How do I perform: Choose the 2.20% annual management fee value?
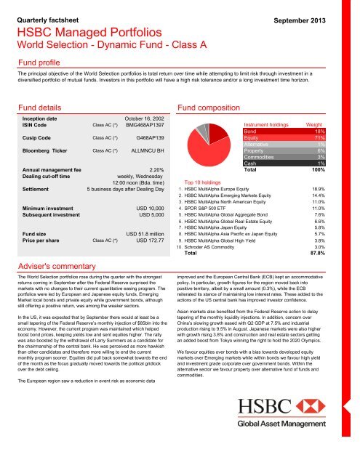(x=161, y=169)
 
